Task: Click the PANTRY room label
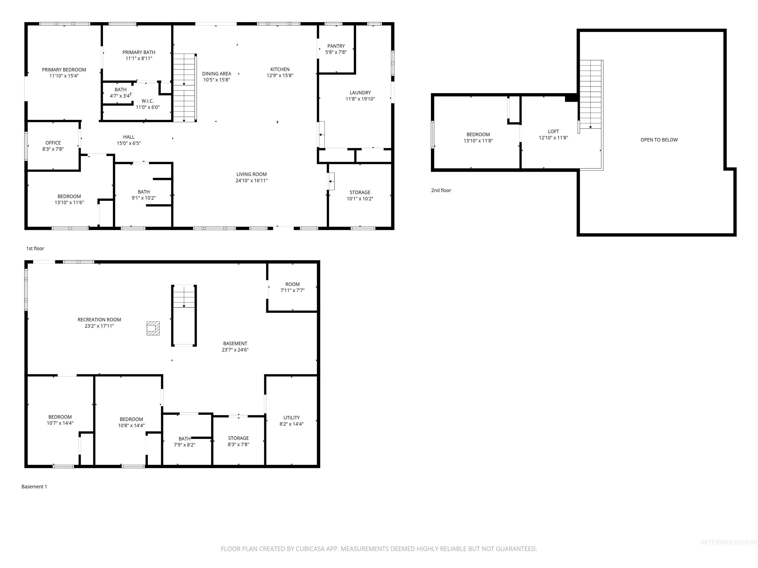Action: [x=336, y=46]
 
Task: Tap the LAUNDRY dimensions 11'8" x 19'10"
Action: [x=360, y=99]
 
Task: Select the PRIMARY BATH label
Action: [x=139, y=52]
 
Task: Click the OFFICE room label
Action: [x=53, y=143]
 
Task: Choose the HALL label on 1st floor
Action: [x=129, y=137]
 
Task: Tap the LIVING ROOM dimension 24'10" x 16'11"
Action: [x=251, y=180]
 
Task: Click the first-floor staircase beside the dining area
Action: [x=184, y=87]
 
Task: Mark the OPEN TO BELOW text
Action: [x=659, y=140]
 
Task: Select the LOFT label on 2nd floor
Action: [x=553, y=131]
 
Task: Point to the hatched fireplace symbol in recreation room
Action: [x=153, y=328]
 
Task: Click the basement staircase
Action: [x=184, y=315]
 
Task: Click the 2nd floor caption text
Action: [x=441, y=190]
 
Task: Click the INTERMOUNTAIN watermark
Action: [x=728, y=542]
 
